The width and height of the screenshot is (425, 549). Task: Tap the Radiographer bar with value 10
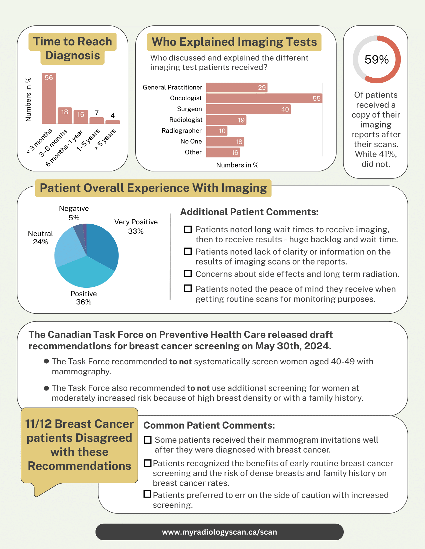[216, 131]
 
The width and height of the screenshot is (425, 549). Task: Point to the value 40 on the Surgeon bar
[285, 109]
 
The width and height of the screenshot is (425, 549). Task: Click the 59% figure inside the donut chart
[376, 60]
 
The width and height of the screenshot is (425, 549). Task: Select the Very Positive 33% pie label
[136, 226]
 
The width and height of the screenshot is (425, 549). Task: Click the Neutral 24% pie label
[40, 237]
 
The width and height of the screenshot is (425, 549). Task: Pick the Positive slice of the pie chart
[85, 275]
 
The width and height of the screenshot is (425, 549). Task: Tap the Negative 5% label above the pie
[74, 213]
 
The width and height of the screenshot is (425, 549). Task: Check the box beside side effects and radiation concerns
[187, 274]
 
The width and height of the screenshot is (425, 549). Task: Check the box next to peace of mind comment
[187, 288]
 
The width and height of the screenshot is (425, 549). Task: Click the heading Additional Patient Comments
[249, 212]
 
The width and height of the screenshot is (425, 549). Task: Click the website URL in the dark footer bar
[219, 532]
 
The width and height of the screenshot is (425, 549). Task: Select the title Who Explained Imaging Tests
[234, 42]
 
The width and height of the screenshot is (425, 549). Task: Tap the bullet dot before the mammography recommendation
[46, 361]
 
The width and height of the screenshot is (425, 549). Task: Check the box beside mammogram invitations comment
[147, 440]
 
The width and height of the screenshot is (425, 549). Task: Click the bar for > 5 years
[112, 122]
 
